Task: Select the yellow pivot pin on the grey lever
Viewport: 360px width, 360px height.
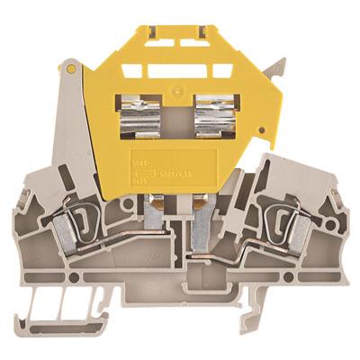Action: [x=69, y=68]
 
